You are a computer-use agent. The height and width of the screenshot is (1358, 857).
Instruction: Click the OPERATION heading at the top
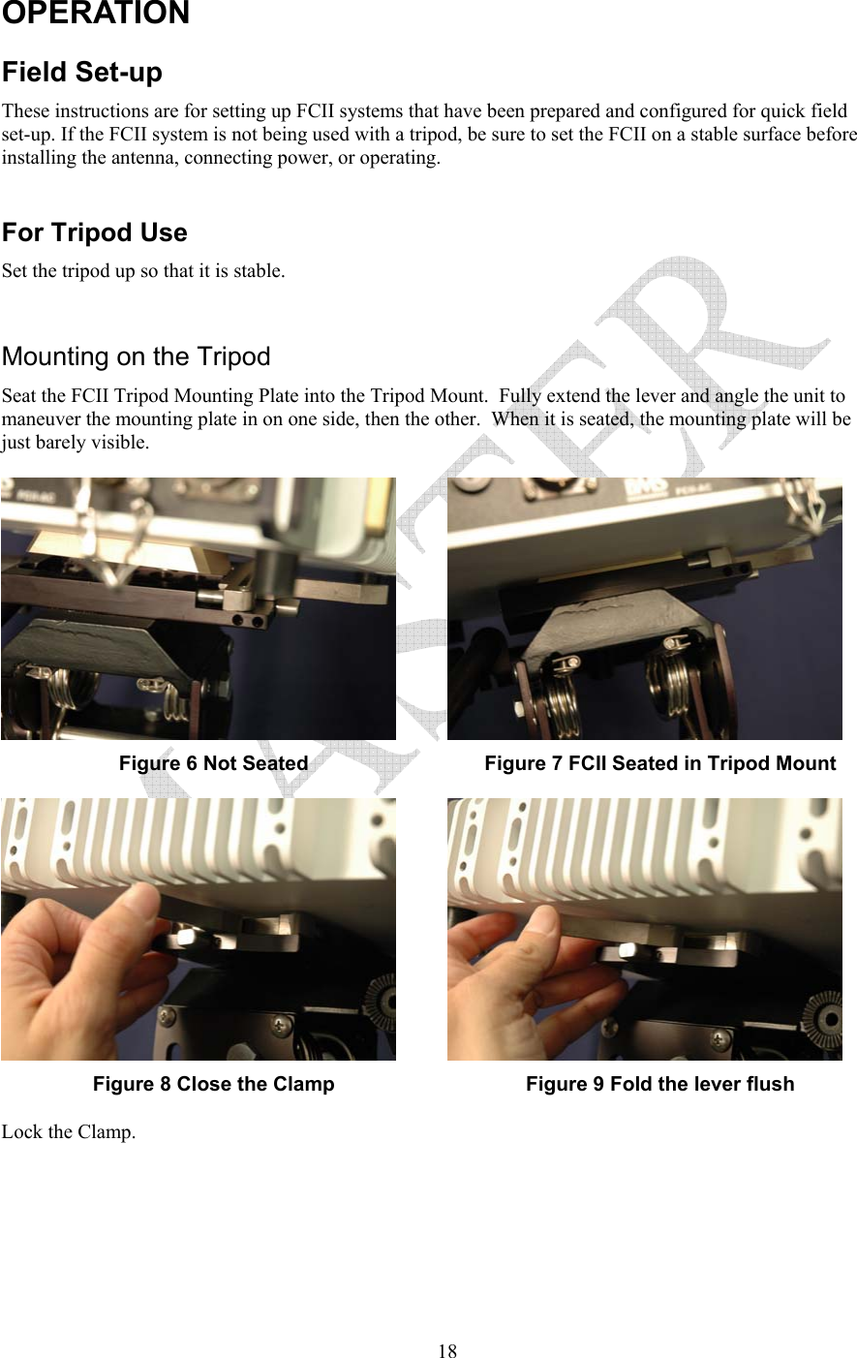click(96, 14)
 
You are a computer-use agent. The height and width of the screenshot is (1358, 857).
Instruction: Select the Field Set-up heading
click(82, 73)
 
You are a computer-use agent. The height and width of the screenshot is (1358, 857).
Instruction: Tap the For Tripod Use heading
click(95, 232)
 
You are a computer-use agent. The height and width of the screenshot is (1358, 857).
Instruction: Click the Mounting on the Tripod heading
click(137, 356)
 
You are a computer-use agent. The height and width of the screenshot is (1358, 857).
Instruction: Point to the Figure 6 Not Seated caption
click(213, 763)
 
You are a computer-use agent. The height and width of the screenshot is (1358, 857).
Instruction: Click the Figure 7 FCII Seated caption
click(659, 763)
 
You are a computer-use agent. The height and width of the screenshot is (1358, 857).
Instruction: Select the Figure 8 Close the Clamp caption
click(213, 1084)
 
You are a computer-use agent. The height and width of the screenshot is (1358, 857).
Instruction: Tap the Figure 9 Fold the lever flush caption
click(659, 1084)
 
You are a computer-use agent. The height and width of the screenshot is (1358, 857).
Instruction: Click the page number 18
click(446, 1350)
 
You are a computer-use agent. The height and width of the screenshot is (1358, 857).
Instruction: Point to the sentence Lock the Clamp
click(69, 1131)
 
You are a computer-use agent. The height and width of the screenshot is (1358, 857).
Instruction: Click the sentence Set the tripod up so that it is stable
click(143, 271)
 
